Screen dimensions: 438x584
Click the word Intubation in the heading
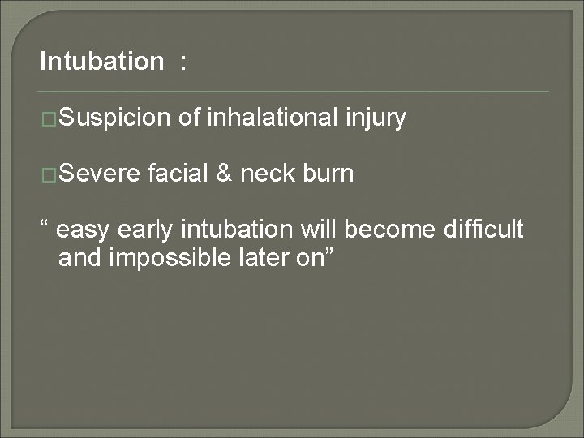[x=101, y=62]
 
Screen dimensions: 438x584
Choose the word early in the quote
[x=144, y=231]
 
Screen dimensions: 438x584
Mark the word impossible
[x=166, y=259]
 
